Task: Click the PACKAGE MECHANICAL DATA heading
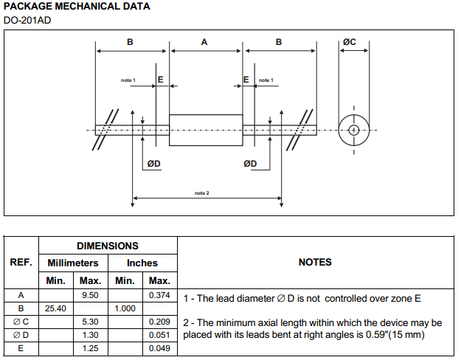[77, 7]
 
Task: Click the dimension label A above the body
[204, 42]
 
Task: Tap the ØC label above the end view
[349, 42]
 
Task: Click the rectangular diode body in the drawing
[206, 130]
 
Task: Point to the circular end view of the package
[353, 130]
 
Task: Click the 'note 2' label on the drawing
[202, 193]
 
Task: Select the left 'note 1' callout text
[128, 80]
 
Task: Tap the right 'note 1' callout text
[266, 80]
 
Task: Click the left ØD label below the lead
[153, 163]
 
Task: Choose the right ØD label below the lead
[250, 163]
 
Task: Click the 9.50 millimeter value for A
[90, 295]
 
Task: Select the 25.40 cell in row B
[55, 308]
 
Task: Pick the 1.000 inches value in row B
[125, 308]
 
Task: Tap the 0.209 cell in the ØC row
[159, 322]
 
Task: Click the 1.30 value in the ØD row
[90, 335]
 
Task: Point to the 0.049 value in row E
[159, 348]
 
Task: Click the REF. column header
[21, 262]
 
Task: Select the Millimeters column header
[73, 263]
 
